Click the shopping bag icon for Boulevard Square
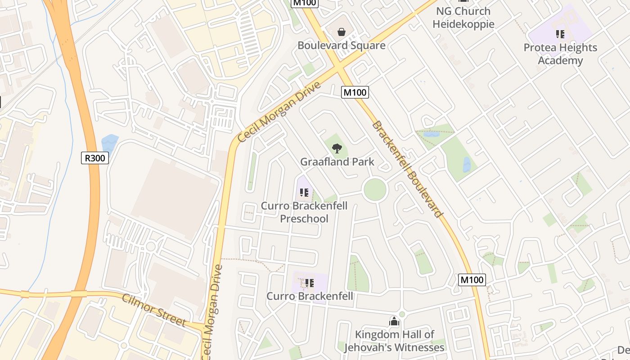point(342,32)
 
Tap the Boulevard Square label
point(342,45)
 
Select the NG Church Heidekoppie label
point(463,18)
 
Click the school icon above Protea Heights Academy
point(560,34)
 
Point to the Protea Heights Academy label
point(560,54)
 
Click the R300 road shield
point(95,158)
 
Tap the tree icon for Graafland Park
point(337,148)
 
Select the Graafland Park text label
point(337,162)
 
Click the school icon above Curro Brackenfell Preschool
point(304,193)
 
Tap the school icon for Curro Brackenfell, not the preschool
point(309,283)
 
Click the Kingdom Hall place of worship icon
point(394,321)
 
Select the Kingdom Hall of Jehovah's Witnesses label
point(394,341)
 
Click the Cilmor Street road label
point(154,310)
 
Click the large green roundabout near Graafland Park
point(375,189)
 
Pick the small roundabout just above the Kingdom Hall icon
point(402,314)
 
